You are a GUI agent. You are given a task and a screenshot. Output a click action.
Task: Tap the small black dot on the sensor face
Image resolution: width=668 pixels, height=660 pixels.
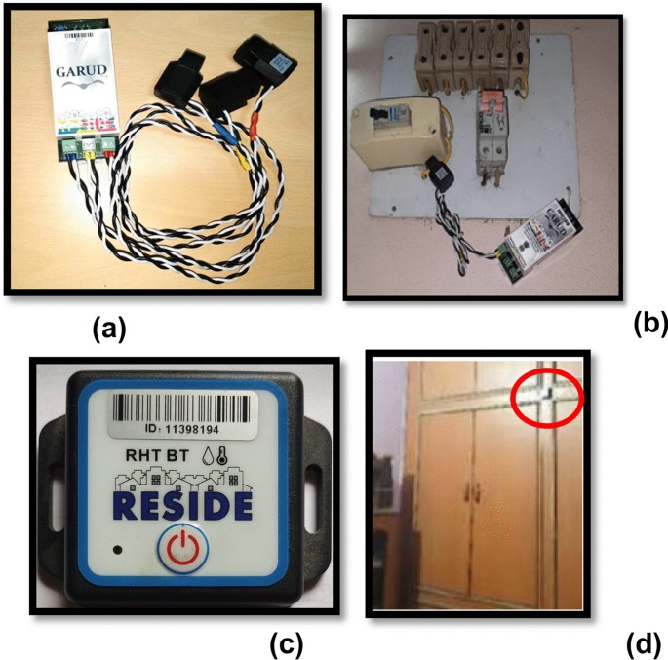(118, 550)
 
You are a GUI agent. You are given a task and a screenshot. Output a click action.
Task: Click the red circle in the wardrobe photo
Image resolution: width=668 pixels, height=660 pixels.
(546, 397)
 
